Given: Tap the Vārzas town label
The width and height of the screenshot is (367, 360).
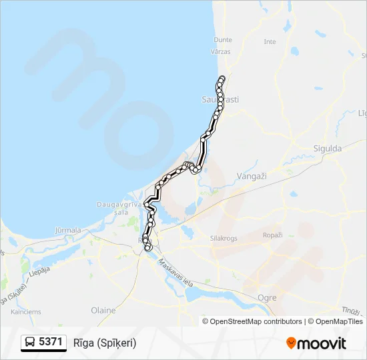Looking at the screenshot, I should pos(220,51).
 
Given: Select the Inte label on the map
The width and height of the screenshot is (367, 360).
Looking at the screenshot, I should pos(270,41).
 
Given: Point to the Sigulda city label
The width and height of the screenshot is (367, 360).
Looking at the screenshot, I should pos(327,148).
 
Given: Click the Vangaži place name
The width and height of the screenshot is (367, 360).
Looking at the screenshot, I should pos(252,175).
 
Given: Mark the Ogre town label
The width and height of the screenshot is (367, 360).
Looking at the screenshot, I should pos(266,294).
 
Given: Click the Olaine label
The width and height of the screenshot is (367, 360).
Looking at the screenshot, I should pos(103,310).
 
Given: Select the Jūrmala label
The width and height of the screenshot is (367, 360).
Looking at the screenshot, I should pos(67,230).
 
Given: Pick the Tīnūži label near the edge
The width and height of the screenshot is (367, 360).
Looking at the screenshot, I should pos(351,311).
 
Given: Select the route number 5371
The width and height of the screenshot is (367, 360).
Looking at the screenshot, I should pos(51,343).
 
